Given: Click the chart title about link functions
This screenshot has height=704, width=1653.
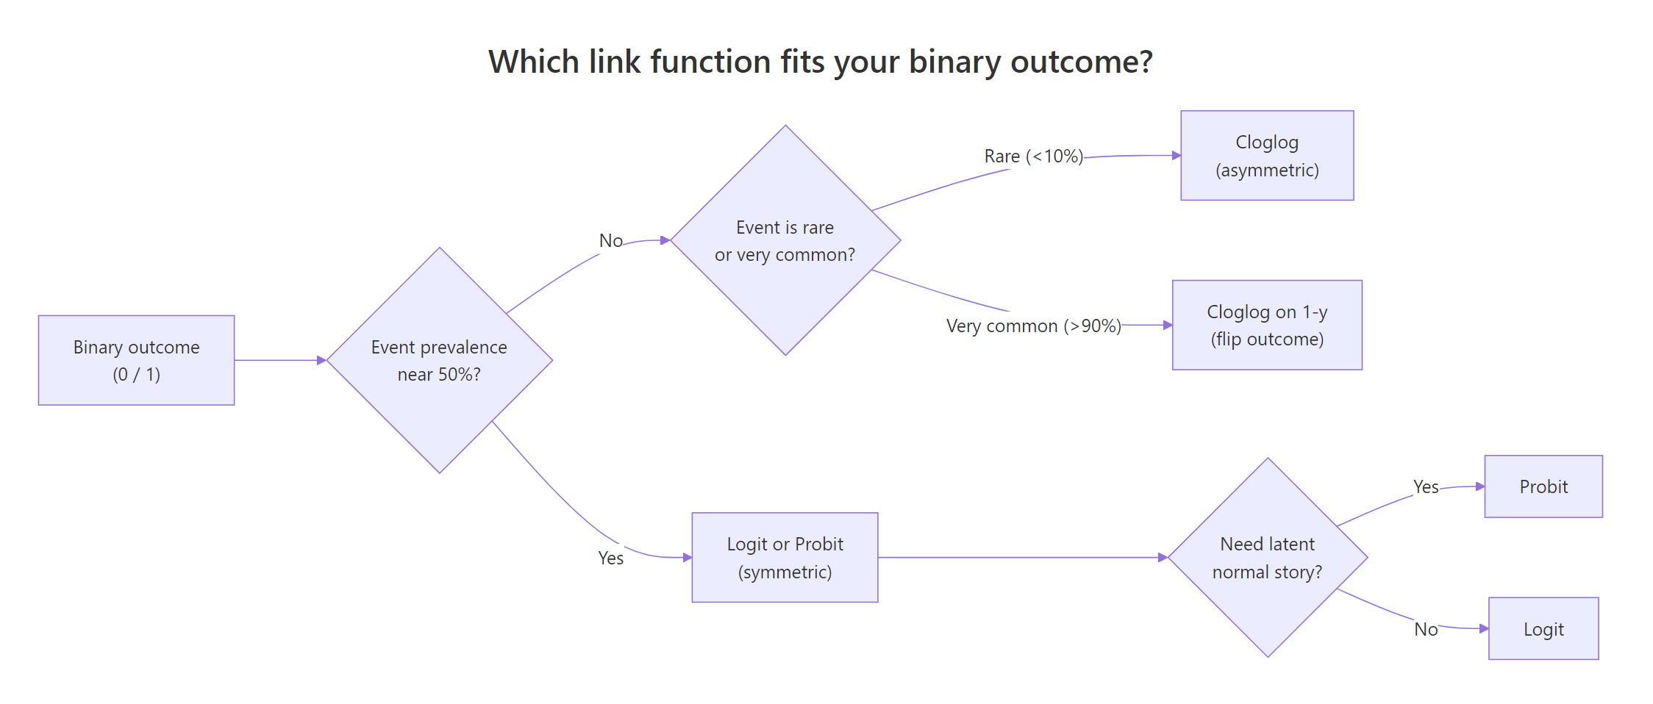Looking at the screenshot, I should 820,62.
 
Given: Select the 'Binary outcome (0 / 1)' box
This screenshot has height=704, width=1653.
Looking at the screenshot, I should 137,360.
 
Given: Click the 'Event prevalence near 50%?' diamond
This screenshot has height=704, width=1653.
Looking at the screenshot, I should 439,360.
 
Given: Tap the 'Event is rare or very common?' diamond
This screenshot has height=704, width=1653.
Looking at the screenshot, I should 785,240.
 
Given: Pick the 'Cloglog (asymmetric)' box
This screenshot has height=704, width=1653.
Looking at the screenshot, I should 1267,156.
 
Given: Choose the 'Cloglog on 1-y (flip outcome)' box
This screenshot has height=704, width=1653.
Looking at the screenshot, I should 1267,325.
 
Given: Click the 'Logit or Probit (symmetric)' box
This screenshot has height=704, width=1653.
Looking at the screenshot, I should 785,558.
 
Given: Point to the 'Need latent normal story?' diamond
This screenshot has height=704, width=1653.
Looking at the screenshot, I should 1267,558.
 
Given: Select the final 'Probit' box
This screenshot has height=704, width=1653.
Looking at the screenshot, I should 1543,486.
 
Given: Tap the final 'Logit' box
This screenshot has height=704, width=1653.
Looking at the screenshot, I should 1543,629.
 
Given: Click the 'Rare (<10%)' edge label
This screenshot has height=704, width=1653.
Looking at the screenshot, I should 1033,157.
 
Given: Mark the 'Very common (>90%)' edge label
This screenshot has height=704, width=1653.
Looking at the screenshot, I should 1033,326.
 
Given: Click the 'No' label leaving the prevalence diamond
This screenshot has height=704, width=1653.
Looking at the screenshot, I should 610,241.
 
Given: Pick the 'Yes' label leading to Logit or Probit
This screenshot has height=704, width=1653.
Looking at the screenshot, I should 610,558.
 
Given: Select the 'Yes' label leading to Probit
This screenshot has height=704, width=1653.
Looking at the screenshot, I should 1426,487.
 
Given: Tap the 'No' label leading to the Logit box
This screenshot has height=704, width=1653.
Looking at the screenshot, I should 1426,630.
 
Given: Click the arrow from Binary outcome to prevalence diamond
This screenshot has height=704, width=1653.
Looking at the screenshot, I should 279,360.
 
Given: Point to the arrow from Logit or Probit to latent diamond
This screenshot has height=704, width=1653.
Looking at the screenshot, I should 1022,558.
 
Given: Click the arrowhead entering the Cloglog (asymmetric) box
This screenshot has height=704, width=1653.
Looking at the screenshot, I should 1176,156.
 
